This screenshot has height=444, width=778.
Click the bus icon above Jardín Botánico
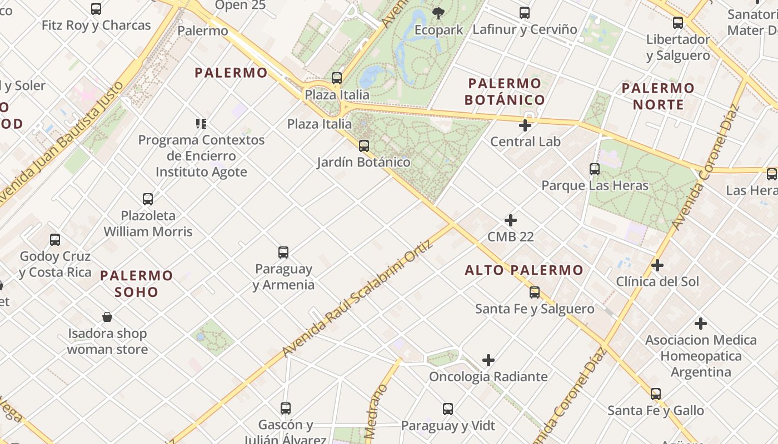tap(364, 146)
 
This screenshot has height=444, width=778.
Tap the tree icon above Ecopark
tap(438, 13)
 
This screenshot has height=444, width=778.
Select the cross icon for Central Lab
tap(525, 125)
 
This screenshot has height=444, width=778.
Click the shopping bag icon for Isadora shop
tap(107, 317)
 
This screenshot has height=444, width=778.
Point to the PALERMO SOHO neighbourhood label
tap(137, 284)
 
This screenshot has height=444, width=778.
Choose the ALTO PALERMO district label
tap(524, 270)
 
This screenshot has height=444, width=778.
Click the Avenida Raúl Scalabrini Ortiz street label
tap(357, 298)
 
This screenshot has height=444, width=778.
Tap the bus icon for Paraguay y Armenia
tap(283, 253)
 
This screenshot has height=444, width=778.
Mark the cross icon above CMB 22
tap(511, 220)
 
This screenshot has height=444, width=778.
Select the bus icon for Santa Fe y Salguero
tap(535, 292)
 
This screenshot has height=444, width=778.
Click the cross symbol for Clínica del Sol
tap(657, 265)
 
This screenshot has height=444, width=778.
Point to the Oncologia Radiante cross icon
tap(488, 360)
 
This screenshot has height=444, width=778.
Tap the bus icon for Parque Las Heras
tap(595, 169)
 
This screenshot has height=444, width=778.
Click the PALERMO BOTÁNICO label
tap(505, 92)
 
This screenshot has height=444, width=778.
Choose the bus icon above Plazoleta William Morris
tap(148, 199)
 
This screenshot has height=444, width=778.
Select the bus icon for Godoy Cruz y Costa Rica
tap(55, 240)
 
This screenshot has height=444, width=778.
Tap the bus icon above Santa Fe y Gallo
tap(656, 394)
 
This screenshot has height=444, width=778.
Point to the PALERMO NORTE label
tap(658, 96)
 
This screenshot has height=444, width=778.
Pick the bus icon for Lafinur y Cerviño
tap(525, 13)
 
